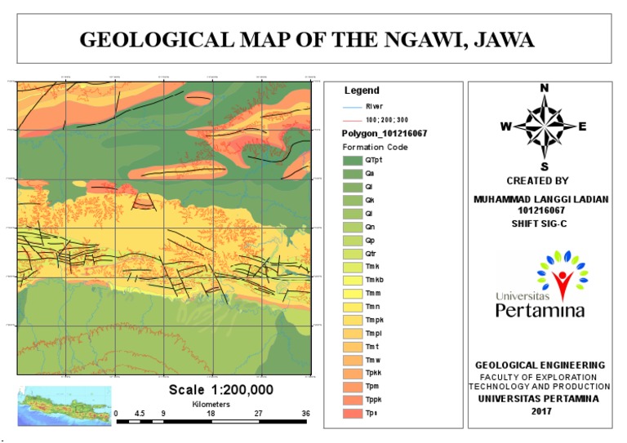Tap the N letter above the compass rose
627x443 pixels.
pyautogui.click(x=545, y=88)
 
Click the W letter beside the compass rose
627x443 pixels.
pyautogui.click(x=506, y=126)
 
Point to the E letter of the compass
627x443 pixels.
pyautogui.click(x=582, y=126)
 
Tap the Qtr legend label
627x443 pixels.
pyautogui.click(x=371, y=253)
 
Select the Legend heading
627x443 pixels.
pyautogui.click(x=362, y=91)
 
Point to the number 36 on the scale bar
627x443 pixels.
pyautogui.click(x=305, y=414)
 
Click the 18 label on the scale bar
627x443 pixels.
pyautogui.click(x=211, y=414)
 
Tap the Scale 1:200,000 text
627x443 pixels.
pyautogui.click(x=220, y=390)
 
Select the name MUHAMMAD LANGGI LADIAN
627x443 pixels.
pyautogui.click(x=542, y=199)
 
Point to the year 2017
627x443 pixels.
pyautogui.click(x=540, y=410)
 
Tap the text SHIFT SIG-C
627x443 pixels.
pyautogui.click(x=540, y=223)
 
